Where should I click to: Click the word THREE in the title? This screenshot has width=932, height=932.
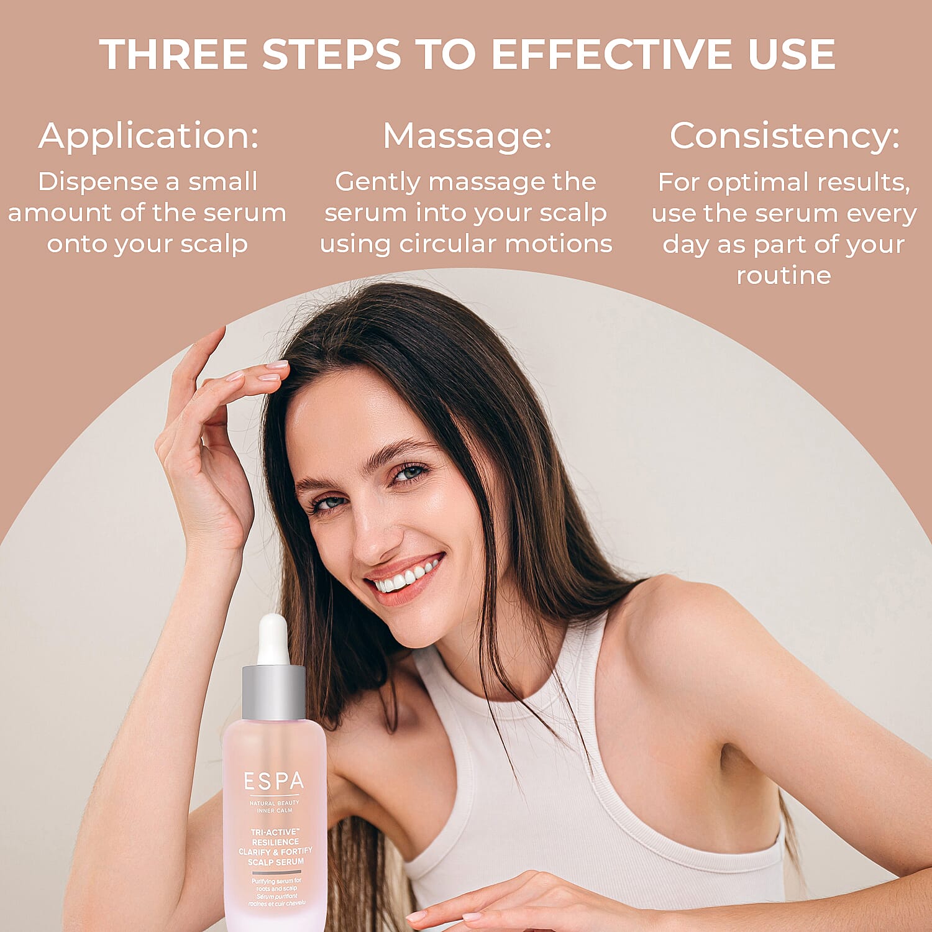(173, 54)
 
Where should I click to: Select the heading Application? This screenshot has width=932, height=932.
(148, 137)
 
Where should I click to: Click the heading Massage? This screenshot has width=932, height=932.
(467, 137)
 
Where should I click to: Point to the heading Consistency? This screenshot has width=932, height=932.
(785, 137)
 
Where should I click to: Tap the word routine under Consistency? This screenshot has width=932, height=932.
(784, 275)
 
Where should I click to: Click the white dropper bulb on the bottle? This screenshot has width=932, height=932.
(273, 640)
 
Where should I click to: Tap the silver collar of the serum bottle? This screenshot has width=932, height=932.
(273, 692)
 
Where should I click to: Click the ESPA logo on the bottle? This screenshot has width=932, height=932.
(274, 781)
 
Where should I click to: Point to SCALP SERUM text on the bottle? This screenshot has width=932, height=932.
(276, 862)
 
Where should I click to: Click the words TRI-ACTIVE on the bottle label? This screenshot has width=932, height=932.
(275, 832)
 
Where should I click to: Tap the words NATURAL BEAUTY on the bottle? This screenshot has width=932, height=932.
(274, 803)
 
